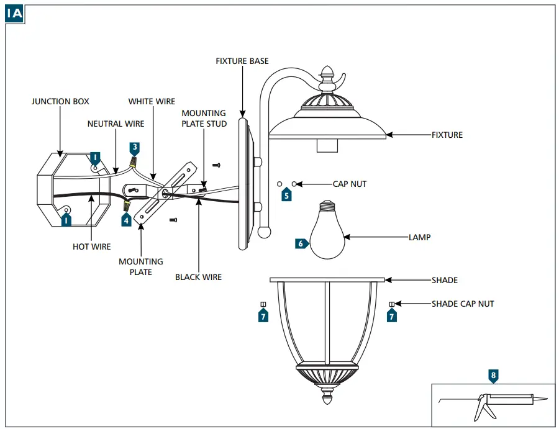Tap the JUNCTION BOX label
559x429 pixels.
[x=60, y=101]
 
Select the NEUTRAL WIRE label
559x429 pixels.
[x=116, y=124]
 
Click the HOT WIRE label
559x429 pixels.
[x=91, y=246]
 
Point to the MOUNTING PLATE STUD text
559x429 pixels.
[x=204, y=118]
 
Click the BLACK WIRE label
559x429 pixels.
[x=198, y=277]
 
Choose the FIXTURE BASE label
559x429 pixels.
[x=242, y=61]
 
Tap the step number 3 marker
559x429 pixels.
[x=134, y=148]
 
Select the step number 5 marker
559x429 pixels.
[x=286, y=195]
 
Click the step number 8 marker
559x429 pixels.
[x=493, y=376]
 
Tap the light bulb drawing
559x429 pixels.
[x=327, y=230]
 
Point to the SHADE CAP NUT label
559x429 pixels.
[x=463, y=304]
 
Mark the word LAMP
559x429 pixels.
[x=419, y=237]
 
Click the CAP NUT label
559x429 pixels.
[x=350, y=184]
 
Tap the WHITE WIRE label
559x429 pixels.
[x=152, y=101]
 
